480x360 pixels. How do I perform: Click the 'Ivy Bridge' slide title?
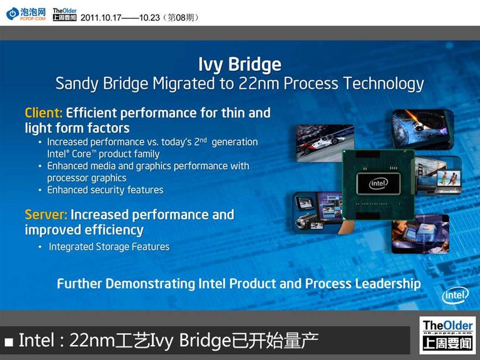pyautogui.click(x=240, y=65)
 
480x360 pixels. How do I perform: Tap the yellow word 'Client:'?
pyautogui.click(x=44, y=113)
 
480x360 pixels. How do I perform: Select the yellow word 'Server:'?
pyautogui.click(x=46, y=215)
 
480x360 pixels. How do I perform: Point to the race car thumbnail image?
pyautogui.click(x=324, y=143)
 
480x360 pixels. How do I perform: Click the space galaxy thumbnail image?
pyautogui.click(x=423, y=129)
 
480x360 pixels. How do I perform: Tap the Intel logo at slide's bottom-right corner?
pyautogui.click(x=455, y=295)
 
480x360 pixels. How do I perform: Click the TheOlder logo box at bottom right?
pyautogui.click(x=447, y=335)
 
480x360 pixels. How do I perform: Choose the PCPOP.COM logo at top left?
pyautogui.click(x=26, y=14)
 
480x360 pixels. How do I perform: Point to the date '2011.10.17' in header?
pyautogui.click(x=101, y=17)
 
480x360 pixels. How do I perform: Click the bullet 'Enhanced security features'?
pyautogui.click(x=105, y=190)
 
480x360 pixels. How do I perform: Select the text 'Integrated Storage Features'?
pyautogui.click(x=109, y=247)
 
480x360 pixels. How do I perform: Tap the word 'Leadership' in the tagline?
pyautogui.click(x=388, y=284)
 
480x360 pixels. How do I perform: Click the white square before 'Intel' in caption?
pyautogui.click(x=9, y=342)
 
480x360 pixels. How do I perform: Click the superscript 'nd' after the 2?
pyautogui.click(x=203, y=140)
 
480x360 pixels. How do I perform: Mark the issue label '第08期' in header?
pyautogui.click(x=181, y=17)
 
